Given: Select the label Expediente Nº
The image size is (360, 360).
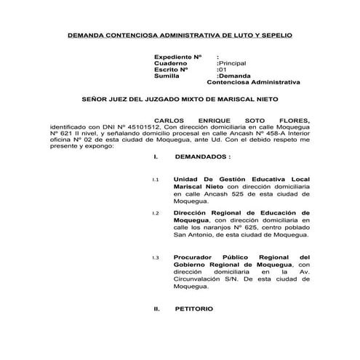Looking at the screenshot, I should (x=177, y=57).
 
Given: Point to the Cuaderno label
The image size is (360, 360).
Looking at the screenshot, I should (x=171, y=63).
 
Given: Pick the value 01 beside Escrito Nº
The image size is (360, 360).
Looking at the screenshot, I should (x=223, y=70).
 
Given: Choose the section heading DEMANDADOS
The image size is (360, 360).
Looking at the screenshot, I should (x=204, y=156).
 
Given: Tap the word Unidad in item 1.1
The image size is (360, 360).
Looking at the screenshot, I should (x=186, y=179).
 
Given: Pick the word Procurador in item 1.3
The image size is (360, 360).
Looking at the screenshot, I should (x=194, y=258).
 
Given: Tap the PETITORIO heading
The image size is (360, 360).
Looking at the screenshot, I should (x=194, y=309).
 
